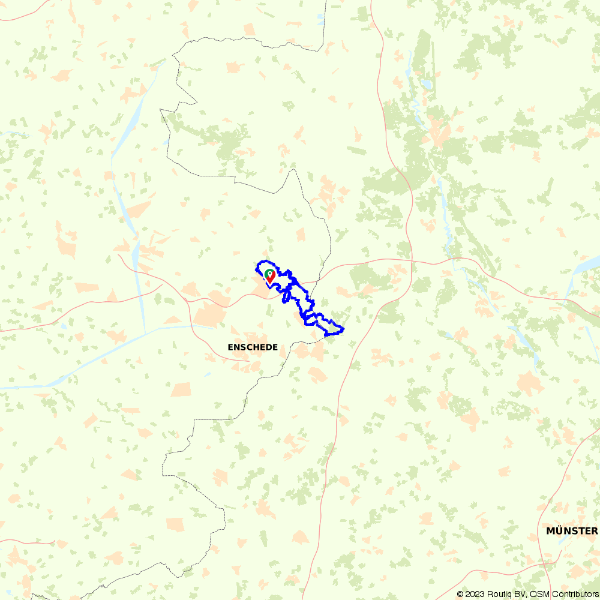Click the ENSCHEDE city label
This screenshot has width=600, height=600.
coord(253,347)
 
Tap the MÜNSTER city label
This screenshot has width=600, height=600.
coord(572,531)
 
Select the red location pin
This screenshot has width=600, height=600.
coord(271,276)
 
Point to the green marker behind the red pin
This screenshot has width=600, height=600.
coord(268,273)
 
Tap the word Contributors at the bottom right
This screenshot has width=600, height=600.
coord(572,594)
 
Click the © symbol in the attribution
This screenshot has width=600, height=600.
coord(460,594)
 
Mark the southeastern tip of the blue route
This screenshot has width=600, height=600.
coord(342,328)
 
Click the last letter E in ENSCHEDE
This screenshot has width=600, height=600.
coord(275,347)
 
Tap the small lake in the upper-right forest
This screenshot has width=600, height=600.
coord(427,85)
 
